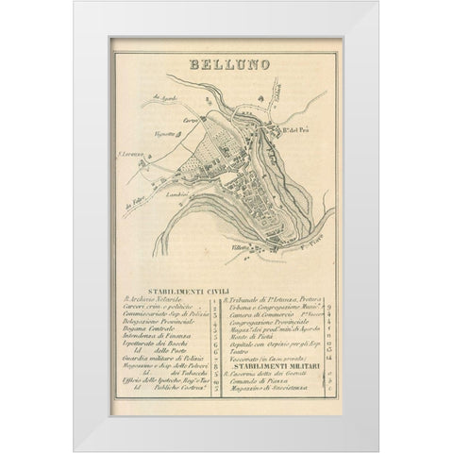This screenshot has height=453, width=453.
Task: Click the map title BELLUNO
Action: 226,67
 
